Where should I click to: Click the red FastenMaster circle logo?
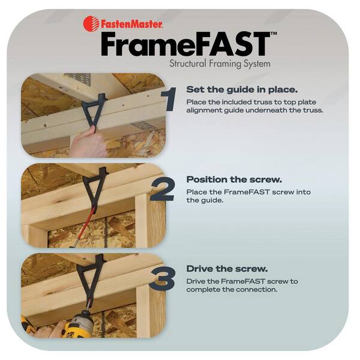coord(91,23)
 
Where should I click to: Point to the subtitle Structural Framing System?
coord(220,63)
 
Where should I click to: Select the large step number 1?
coord(170,99)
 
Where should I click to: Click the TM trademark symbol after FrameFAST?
coord(274,35)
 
